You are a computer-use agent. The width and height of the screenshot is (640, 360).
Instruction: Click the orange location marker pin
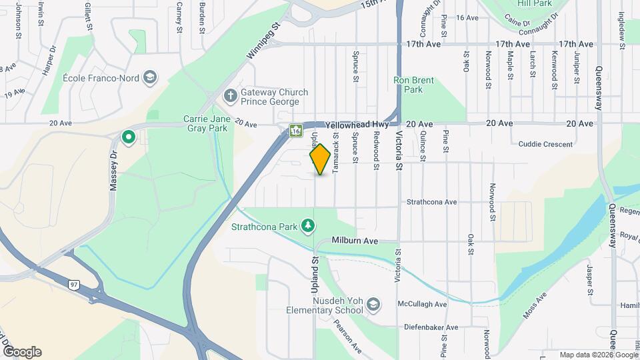(321, 159)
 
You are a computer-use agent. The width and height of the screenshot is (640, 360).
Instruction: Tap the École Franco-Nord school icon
(151, 78)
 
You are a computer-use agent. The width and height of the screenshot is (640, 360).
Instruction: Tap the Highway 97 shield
(74, 285)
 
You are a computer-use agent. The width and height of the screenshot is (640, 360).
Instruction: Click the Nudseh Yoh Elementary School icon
(373, 305)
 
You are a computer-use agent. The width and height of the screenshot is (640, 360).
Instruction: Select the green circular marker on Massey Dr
(129, 138)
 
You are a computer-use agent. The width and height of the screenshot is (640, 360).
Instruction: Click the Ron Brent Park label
(413, 85)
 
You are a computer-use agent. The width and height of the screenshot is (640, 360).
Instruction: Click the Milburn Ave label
(355, 240)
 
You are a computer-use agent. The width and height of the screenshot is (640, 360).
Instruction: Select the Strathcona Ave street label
(431, 201)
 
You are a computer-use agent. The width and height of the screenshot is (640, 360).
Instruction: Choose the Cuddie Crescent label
(545, 144)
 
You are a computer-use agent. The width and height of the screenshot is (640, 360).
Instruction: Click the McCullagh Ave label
(422, 304)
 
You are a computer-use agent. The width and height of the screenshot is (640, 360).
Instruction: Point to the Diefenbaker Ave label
(431, 327)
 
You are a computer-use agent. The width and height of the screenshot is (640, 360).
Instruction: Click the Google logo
(22, 352)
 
